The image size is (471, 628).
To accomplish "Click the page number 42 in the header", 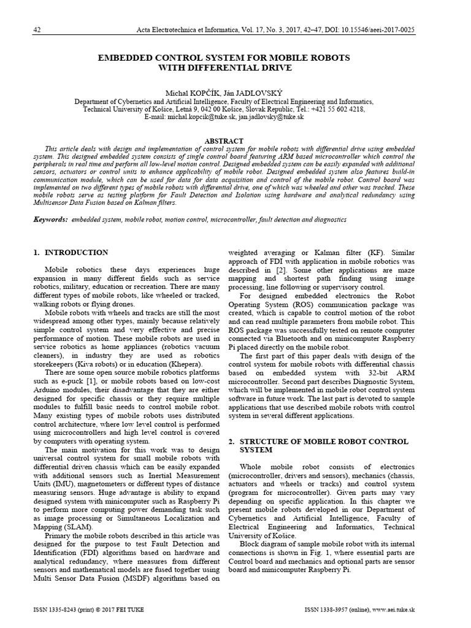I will click(37, 30).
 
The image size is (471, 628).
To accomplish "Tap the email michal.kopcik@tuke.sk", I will click(194, 116).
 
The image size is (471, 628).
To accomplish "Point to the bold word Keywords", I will click(52, 219).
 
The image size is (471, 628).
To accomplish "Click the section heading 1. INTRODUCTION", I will click(71, 253).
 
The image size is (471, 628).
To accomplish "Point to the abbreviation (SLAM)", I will click(79, 526).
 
